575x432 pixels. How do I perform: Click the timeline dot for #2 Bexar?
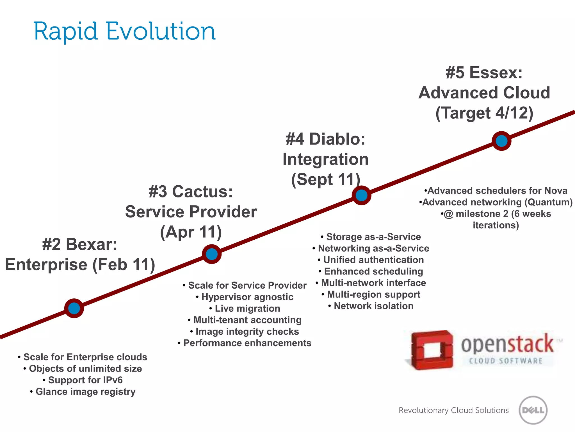[x=74, y=308]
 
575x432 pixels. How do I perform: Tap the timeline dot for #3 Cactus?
[x=212, y=254]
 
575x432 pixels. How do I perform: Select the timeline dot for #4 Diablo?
[x=362, y=195]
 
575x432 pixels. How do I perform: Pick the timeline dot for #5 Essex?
[x=501, y=141]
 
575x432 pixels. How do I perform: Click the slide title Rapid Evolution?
[x=124, y=31]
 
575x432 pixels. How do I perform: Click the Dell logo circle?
[x=533, y=410]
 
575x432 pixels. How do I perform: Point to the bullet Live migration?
[x=247, y=309]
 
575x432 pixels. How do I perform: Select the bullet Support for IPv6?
[x=85, y=380]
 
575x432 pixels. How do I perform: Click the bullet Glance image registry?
[x=85, y=391]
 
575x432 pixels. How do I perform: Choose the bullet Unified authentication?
[x=373, y=260]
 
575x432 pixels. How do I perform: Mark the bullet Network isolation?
[x=373, y=306]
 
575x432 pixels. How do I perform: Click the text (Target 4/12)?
[x=484, y=113]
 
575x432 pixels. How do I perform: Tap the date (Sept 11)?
[x=326, y=179]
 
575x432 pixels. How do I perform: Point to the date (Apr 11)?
[x=191, y=232]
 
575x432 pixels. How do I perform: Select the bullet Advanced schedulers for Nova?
[x=497, y=191]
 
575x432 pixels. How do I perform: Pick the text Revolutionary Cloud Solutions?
[x=453, y=410]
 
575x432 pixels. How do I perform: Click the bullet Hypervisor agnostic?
[x=247, y=297]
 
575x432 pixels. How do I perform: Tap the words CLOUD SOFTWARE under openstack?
[x=505, y=361]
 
